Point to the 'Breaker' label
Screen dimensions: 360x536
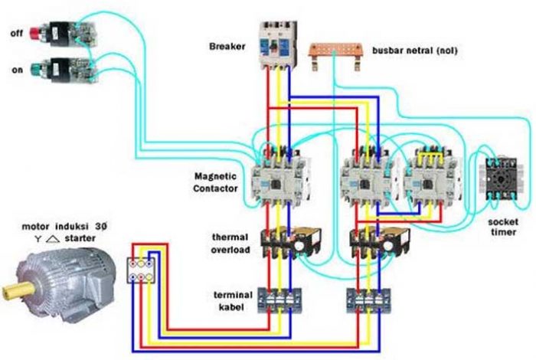pyautogui.click(x=227, y=47)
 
